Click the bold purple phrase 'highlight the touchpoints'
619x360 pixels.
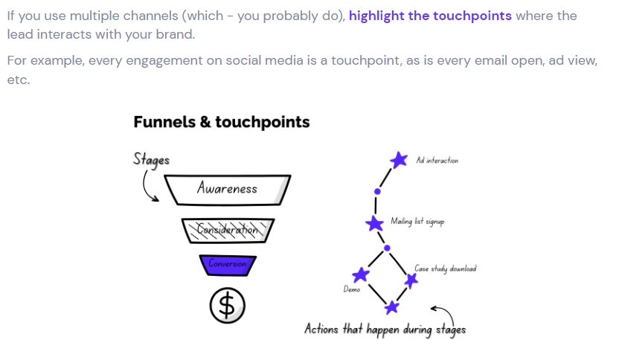pos(430,16)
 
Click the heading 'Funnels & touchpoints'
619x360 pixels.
pos(221,122)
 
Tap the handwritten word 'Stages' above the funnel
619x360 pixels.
pos(152,159)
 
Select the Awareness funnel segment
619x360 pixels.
pos(227,189)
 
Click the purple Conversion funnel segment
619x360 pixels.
pos(228,264)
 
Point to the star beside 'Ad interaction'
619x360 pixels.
pos(400,160)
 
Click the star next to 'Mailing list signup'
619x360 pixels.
pos(375,222)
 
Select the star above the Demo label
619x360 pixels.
pos(360,274)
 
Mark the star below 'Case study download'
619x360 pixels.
pos(411,280)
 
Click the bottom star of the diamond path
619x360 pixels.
pos(391,306)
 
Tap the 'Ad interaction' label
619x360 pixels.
pos(437,161)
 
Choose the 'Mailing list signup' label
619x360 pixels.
pos(417,222)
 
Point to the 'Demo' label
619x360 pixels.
pos(352,289)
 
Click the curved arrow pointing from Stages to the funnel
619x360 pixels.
pos(147,186)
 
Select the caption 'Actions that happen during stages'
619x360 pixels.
pos(385,328)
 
